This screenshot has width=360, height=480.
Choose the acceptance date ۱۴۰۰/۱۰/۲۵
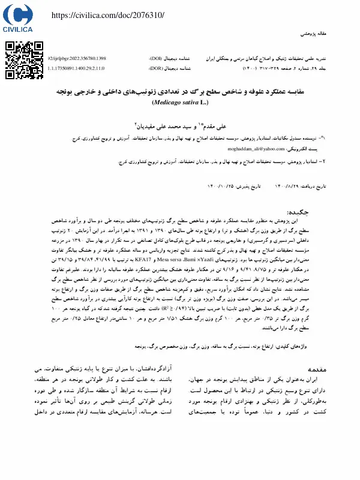(x=220, y=186)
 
